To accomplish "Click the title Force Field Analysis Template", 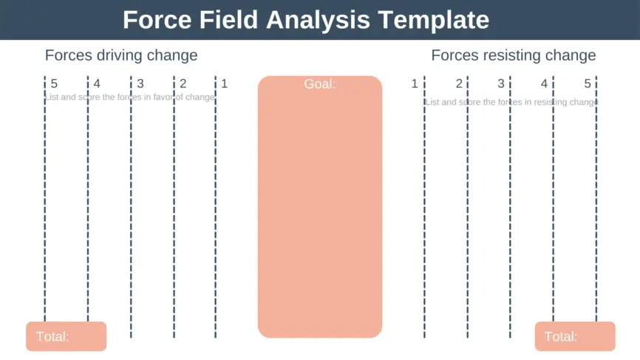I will point(305,19).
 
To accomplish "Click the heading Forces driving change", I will point(121,55).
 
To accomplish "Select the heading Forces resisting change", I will point(513,55).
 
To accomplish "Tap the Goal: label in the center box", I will point(319,84).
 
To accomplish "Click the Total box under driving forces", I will point(66,336).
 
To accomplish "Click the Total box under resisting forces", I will point(574,336).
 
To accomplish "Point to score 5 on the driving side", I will point(54,84).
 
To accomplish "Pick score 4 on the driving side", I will point(97,84).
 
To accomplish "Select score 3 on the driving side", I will point(140,84).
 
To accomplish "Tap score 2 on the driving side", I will point(183,84).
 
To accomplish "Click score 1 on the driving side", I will point(225,84).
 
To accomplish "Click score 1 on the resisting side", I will point(415,84).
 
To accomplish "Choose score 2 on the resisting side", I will point(459,84).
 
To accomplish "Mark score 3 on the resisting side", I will point(501,84).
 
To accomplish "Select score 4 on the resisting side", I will point(544,84).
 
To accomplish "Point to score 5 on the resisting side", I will point(588,84).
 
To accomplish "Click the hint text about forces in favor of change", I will point(130,97).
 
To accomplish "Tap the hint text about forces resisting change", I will point(511,102).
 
